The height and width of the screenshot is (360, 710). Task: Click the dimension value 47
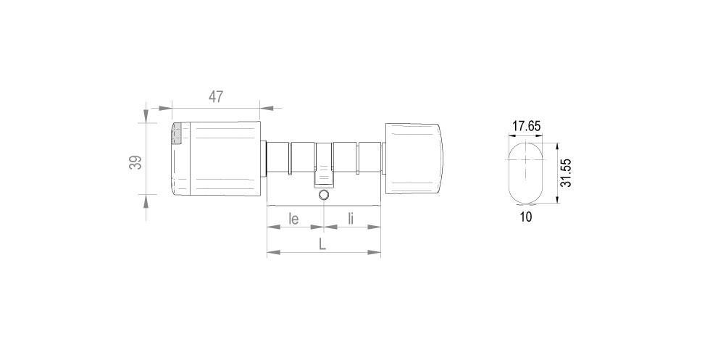click(x=216, y=96)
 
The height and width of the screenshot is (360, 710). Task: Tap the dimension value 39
click(x=135, y=162)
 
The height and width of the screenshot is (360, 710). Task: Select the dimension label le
click(x=294, y=217)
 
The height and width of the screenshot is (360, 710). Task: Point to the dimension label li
click(x=351, y=217)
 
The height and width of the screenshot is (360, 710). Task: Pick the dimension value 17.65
click(x=526, y=126)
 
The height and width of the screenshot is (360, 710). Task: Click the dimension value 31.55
click(x=568, y=174)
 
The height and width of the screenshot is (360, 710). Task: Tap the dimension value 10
click(x=526, y=217)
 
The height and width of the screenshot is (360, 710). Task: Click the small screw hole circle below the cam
click(x=324, y=196)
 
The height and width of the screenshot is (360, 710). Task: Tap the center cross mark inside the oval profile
click(x=525, y=172)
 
